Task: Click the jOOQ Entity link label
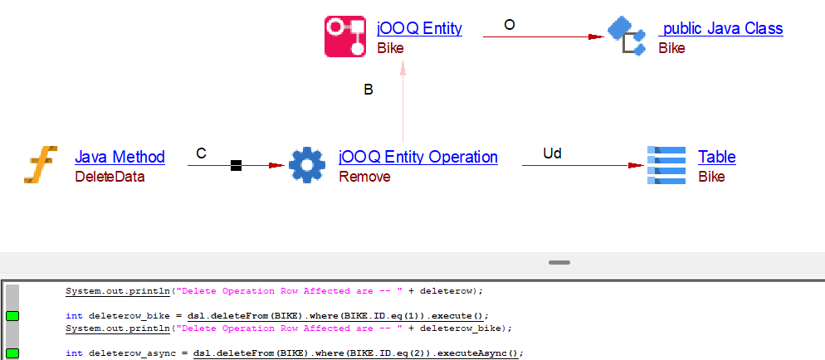tap(419, 28)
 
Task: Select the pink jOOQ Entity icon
tap(345, 36)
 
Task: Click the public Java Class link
tap(722, 28)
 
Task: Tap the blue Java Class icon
tap(627, 36)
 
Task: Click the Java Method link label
tap(120, 157)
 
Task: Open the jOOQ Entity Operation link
tap(418, 157)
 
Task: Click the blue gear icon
tap(307, 165)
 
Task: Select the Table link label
tap(717, 157)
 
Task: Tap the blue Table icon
tap(666, 165)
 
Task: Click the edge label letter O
tap(510, 25)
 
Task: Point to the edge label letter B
tap(369, 90)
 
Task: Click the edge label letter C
tap(201, 153)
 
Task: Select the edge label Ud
tap(552, 153)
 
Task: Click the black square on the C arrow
tap(236, 166)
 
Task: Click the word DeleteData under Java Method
tap(110, 177)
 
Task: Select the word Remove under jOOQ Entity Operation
tap(364, 177)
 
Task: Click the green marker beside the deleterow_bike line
tap(12, 316)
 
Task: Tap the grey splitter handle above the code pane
tap(559, 262)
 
